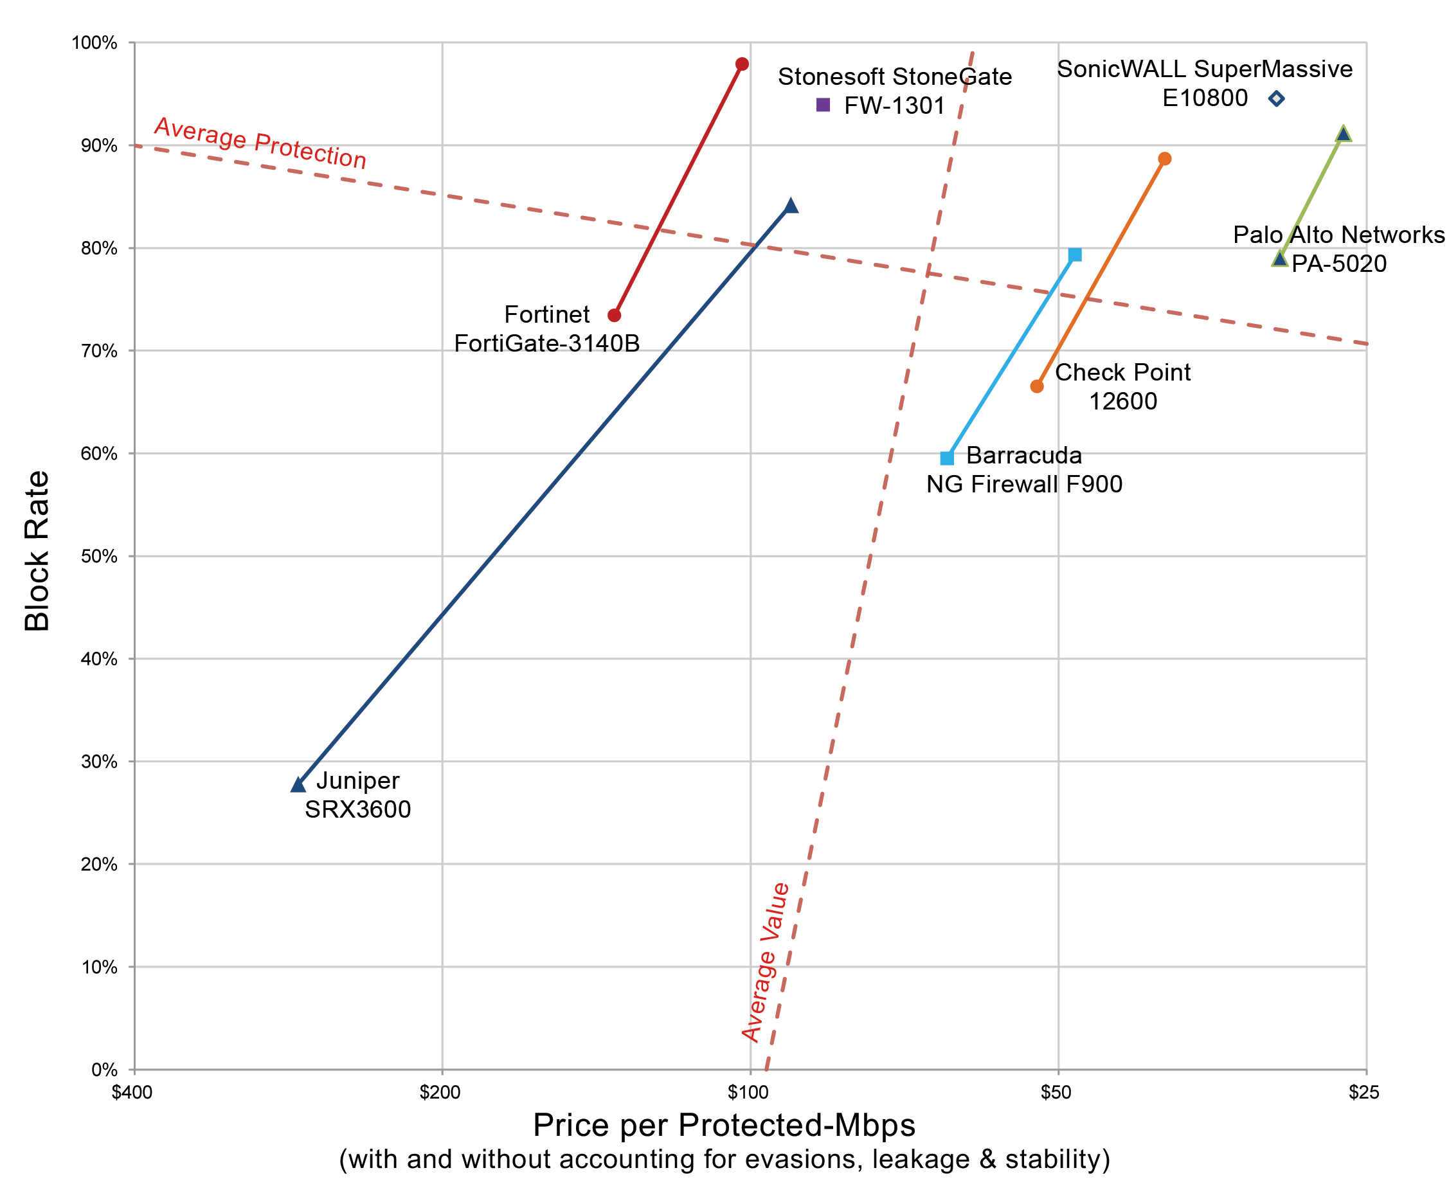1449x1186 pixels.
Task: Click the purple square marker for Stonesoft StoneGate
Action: pyautogui.click(x=824, y=105)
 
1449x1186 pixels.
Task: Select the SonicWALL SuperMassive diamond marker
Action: pyautogui.click(x=1276, y=99)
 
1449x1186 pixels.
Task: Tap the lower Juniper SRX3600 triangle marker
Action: pyautogui.click(x=298, y=785)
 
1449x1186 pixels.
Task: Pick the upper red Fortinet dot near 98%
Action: pyautogui.click(x=742, y=64)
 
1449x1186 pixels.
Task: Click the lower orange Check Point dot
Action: pyautogui.click(x=1037, y=387)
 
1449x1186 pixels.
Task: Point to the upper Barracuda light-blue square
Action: pyautogui.click(x=1075, y=255)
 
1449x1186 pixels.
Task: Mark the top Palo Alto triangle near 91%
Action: pyautogui.click(x=1343, y=134)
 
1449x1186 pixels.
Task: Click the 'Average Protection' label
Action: pyautogui.click(x=260, y=143)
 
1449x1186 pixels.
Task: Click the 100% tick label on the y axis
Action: pyautogui.click(x=94, y=43)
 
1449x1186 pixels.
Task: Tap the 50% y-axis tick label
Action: pyautogui.click(x=99, y=556)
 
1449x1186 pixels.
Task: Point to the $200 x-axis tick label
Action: pyautogui.click(x=440, y=1092)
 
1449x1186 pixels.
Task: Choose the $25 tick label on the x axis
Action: pyautogui.click(x=1363, y=1092)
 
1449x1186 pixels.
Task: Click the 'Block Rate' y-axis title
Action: pyautogui.click(x=37, y=551)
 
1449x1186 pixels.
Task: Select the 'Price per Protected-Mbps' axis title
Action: pyautogui.click(x=724, y=1125)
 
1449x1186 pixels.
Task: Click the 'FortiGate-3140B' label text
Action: pyautogui.click(x=546, y=343)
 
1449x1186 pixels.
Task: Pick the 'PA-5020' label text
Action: pyautogui.click(x=1339, y=264)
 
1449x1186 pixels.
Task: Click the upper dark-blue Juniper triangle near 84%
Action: pyautogui.click(x=791, y=206)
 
